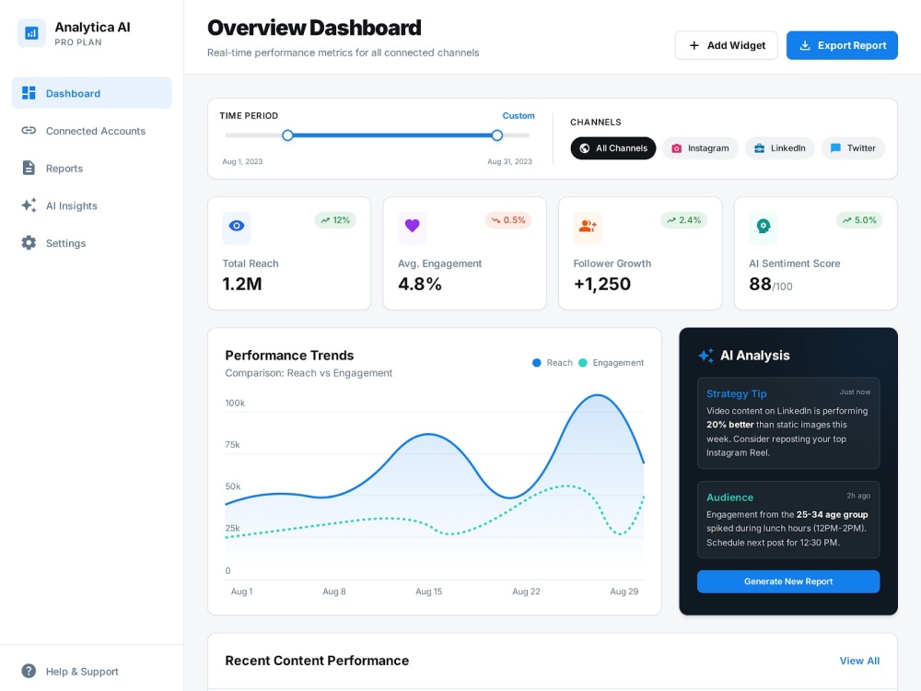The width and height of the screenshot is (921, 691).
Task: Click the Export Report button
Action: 842,45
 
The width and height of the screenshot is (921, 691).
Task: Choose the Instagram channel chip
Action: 700,148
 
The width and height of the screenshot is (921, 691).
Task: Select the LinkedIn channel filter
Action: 779,148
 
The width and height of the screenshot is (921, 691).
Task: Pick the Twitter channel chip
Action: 853,148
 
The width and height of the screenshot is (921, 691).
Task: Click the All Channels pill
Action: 613,148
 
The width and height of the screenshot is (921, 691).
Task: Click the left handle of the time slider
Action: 287,135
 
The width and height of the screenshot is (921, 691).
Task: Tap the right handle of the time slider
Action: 497,135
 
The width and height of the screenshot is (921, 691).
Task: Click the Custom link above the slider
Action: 518,116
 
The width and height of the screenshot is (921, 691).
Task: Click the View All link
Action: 859,661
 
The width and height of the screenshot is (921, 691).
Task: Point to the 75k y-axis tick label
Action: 233,444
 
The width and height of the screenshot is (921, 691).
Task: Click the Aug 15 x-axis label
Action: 429,591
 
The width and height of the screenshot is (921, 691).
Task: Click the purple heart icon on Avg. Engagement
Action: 413,226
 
